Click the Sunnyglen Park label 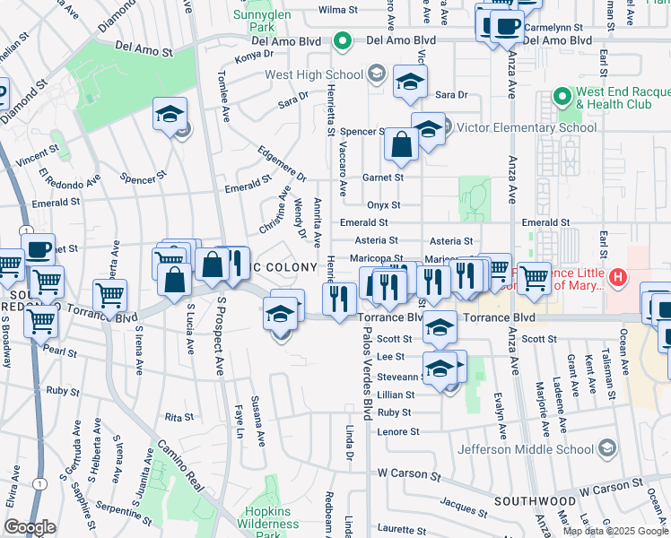262,22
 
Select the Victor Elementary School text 527,127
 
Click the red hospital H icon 617,278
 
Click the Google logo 30,527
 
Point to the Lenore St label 394,430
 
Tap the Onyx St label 383,204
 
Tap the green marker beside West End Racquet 562,94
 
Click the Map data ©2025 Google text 614,531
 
